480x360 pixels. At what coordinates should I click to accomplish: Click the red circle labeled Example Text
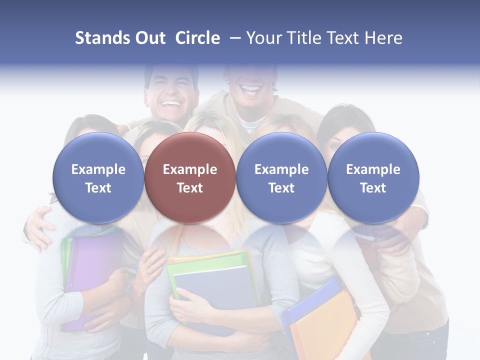click(x=190, y=177)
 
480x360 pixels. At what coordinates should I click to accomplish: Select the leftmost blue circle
click(x=98, y=177)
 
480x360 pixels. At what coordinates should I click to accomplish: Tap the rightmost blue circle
click(x=373, y=177)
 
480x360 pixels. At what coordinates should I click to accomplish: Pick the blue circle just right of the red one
click(x=281, y=177)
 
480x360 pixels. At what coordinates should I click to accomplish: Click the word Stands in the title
click(x=102, y=38)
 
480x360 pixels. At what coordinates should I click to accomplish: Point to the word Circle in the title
click(x=197, y=38)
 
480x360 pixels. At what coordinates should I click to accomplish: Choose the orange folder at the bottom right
click(x=325, y=325)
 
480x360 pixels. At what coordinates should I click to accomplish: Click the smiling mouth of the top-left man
click(x=171, y=105)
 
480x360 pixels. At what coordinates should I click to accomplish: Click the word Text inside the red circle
click(x=190, y=188)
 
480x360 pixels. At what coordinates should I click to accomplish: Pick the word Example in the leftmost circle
click(x=98, y=169)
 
